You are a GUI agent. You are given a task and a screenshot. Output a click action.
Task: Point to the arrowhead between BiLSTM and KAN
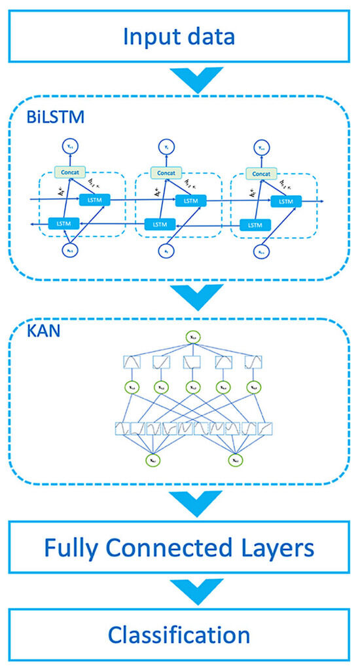[179, 298]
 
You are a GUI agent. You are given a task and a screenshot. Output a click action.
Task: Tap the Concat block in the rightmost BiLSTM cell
[260, 173]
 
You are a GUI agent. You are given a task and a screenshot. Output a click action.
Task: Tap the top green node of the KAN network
[193, 338]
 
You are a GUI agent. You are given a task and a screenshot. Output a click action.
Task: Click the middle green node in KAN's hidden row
[192, 388]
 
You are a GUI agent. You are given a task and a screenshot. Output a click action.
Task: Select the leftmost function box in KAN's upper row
[132, 362]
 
